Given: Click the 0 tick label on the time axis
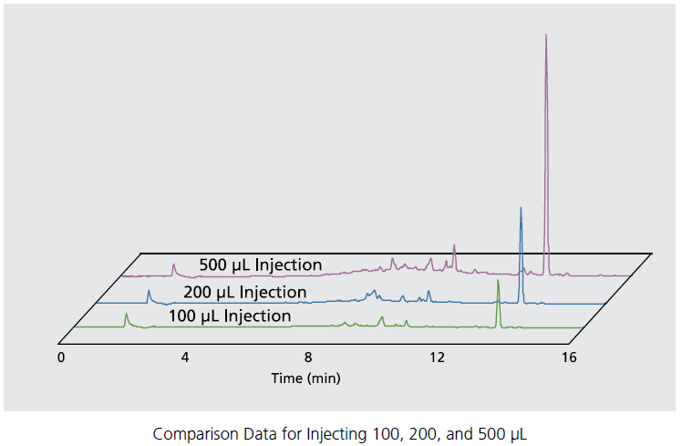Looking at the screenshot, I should pyautogui.click(x=61, y=358).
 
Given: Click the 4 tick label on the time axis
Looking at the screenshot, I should pyautogui.click(x=185, y=358).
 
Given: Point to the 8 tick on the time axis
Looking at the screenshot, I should pyautogui.click(x=308, y=358).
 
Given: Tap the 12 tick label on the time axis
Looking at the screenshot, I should pyautogui.click(x=437, y=358).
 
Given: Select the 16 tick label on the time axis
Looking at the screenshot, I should pyautogui.click(x=569, y=358).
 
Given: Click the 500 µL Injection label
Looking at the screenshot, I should pyautogui.click(x=260, y=264).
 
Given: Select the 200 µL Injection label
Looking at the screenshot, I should pyautogui.click(x=244, y=292).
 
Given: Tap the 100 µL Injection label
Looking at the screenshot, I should pyautogui.click(x=229, y=316).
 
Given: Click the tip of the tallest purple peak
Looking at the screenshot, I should pyautogui.click(x=546, y=36).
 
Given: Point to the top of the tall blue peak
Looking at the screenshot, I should pyautogui.click(x=521, y=208).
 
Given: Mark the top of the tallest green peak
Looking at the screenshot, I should pyautogui.click(x=498, y=281).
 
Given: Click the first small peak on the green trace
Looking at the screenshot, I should pyautogui.click(x=126, y=314).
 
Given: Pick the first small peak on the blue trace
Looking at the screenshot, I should pyautogui.click(x=149, y=291).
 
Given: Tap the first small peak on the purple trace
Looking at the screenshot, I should pyautogui.click(x=173, y=264).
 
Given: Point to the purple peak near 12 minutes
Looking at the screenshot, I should pyautogui.click(x=454, y=245).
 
